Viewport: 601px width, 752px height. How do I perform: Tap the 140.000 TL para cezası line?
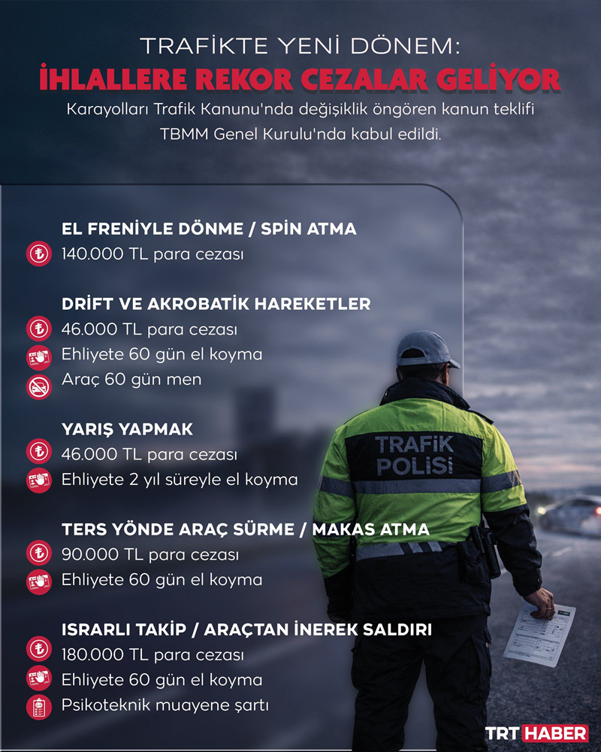(x=153, y=254)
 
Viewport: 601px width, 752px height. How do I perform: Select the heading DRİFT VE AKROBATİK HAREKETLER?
(x=216, y=304)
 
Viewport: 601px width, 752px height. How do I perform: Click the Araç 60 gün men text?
(x=131, y=379)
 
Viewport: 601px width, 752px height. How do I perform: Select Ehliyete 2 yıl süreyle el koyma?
(x=179, y=479)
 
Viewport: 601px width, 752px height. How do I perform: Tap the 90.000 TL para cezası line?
(x=149, y=555)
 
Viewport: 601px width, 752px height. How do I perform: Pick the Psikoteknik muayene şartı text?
(x=165, y=705)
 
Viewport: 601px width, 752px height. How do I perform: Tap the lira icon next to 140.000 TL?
(x=38, y=254)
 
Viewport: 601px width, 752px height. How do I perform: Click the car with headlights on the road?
(x=574, y=514)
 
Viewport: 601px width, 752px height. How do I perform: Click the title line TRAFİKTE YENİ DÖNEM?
(x=300, y=47)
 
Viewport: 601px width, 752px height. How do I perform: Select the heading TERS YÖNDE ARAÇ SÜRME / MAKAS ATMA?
(x=246, y=529)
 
